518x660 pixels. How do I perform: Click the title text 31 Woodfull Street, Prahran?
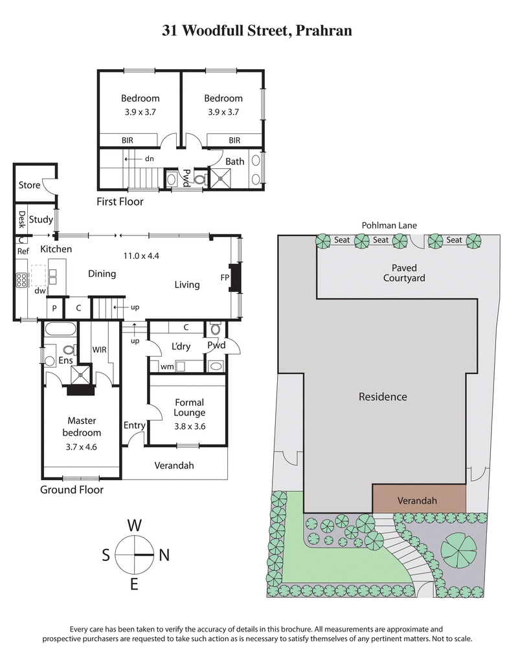[257, 30]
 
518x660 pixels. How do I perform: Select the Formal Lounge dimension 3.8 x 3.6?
[189, 426]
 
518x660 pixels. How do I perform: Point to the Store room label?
[29, 185]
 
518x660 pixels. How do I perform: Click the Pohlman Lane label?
[388, 225]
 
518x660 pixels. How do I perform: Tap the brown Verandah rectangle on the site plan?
[418, 500]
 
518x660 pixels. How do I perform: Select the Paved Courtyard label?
[404, 273]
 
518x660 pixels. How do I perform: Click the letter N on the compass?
[164, 555]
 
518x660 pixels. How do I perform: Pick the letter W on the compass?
[134, 525]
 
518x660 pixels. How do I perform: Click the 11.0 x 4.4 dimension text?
[141, 255]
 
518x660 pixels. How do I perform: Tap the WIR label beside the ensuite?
[99, 349]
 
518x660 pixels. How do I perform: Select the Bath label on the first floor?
[235, 160]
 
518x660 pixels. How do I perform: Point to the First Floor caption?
[120, 201]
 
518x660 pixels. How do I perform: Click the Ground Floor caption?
[71, 490]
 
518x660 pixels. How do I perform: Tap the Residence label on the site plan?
[383, 397]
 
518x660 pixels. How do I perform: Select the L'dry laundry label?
[181, 346]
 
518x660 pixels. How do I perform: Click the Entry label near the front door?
[134, 425]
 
